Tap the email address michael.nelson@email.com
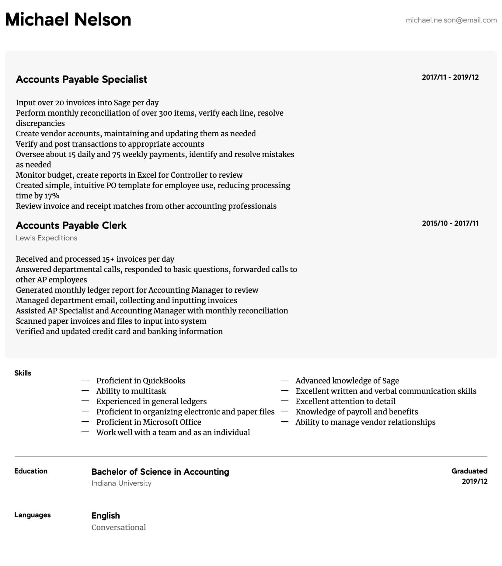pyautogui.click(x=451, y=20)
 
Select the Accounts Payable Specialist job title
pyautogui.click(x=81, y=79)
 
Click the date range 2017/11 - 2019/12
pyautogui.click(x=450, y=77)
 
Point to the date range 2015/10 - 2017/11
pyautogui.click(x=450, y=223)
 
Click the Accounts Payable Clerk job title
pyautogui.click(x=71, y=225)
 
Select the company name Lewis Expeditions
pyautogui.click(x=47, y=238)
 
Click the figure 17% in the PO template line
pyautogui.click(x=52, y=196)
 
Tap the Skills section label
pyautogui.click(x=23, y=373)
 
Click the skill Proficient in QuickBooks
pyautogui.click(x=141, y=381)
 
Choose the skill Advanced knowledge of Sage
pyautogui.click(x=347, y=381)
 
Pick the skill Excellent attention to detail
pyautogui.click(x=345, y=401)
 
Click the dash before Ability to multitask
pyautogui.click(x=85, y=391)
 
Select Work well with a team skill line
pyautogui.click(x=173, y=432)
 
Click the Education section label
pyautogui.click(x=31, y=471)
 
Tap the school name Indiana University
pyautogui.click(x=121, y=483)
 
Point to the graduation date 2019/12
pyautogui.click(x=474, y=481)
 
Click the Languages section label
pyautogui.click(x=32, y=515)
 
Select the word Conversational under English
pyautogui.click(x=119, y=527)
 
